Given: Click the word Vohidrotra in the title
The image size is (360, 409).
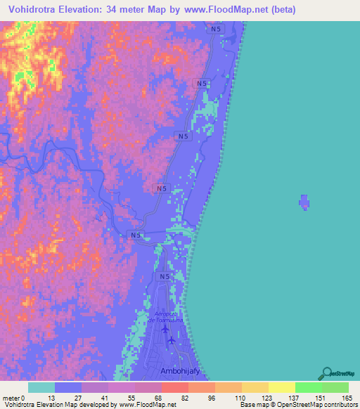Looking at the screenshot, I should pos(34,10).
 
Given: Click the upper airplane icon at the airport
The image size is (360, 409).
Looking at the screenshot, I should pos(165,329).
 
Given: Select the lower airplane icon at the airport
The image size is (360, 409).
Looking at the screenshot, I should pos(171,341).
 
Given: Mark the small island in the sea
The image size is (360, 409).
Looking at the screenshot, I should pos(304,202).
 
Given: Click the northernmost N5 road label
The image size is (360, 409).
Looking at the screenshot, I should pos(216,29).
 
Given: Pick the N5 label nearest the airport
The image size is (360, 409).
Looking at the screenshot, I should pos(164,277).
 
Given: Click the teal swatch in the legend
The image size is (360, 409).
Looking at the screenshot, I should pos(41,387).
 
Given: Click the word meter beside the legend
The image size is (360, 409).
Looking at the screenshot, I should pos(12,398).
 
